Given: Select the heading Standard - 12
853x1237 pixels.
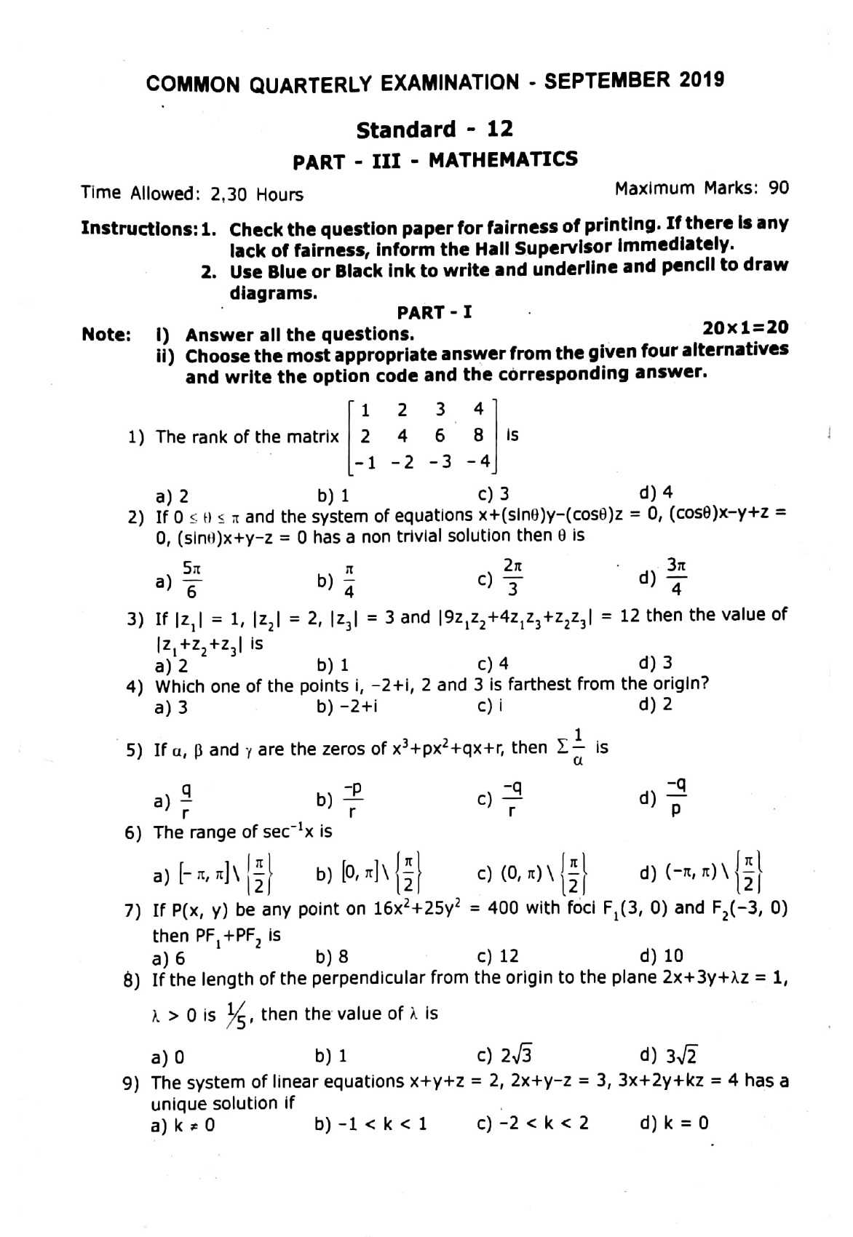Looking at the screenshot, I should pos(435,130).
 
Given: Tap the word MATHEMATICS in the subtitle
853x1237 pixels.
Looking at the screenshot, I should pos(503,159).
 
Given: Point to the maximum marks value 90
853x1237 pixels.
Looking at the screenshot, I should pos(778,188).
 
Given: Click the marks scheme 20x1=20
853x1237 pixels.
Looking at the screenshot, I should pos(746,327).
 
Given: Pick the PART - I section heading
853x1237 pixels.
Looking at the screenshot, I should pos(435,313).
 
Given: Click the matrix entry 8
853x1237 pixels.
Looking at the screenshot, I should pos(477,435).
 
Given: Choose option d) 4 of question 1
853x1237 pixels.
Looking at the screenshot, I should pos(655,493).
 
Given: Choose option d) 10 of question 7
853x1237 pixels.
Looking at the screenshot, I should pos(661,955).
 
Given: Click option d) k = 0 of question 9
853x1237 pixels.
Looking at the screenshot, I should pos(674,1123).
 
